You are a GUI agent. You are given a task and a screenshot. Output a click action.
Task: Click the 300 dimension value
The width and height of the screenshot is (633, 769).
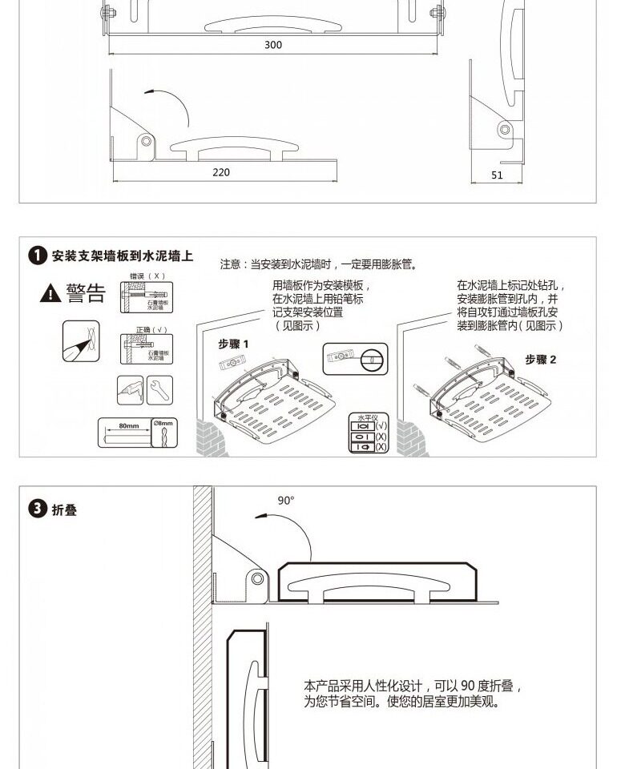coord(273,45)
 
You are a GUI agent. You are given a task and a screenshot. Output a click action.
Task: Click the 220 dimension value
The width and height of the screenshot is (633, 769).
coord(221,172)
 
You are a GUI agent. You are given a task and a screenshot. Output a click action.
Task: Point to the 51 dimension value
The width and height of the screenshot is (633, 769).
coord(497,175)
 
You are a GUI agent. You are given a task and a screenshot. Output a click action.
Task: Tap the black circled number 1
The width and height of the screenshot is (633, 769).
coord(37,257)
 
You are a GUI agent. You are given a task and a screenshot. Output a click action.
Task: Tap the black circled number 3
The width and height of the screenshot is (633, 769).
coord(37,509)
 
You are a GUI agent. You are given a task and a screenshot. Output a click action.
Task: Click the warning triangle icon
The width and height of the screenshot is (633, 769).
coord(50,294)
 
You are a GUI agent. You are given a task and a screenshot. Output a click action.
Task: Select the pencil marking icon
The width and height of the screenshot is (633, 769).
coord(82,340)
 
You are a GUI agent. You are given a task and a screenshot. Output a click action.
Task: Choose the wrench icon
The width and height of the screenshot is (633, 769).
coord(159,389)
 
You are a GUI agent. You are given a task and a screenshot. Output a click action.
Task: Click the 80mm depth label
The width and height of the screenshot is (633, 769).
coord(128,424)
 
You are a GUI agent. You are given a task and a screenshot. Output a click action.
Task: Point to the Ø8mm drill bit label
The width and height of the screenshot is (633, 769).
coord(163,423)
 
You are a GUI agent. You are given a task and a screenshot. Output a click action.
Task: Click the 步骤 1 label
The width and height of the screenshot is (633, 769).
coord(234,344)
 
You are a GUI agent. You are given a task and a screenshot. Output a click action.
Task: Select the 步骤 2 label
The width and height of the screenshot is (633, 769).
coord(541,360)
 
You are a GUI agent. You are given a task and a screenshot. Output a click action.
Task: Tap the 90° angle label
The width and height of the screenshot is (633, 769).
coord(286,500)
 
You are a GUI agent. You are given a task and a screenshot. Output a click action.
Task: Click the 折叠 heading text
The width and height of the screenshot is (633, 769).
coord(65,510)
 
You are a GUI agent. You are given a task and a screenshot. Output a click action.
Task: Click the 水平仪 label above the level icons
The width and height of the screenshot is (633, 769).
coord(368,418)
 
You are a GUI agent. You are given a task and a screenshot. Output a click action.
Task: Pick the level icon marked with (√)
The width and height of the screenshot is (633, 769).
coord(363,427)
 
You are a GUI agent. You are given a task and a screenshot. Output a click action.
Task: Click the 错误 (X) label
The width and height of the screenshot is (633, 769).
coord(147,276)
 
